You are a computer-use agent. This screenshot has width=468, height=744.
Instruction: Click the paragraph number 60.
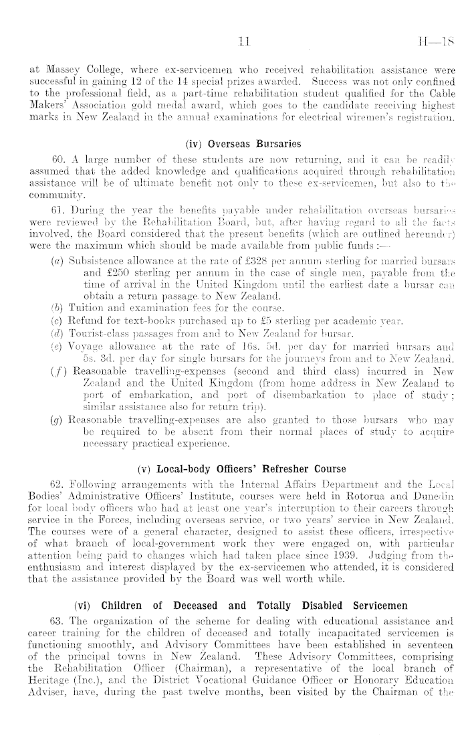pyautogui.click(x=47, y=161)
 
